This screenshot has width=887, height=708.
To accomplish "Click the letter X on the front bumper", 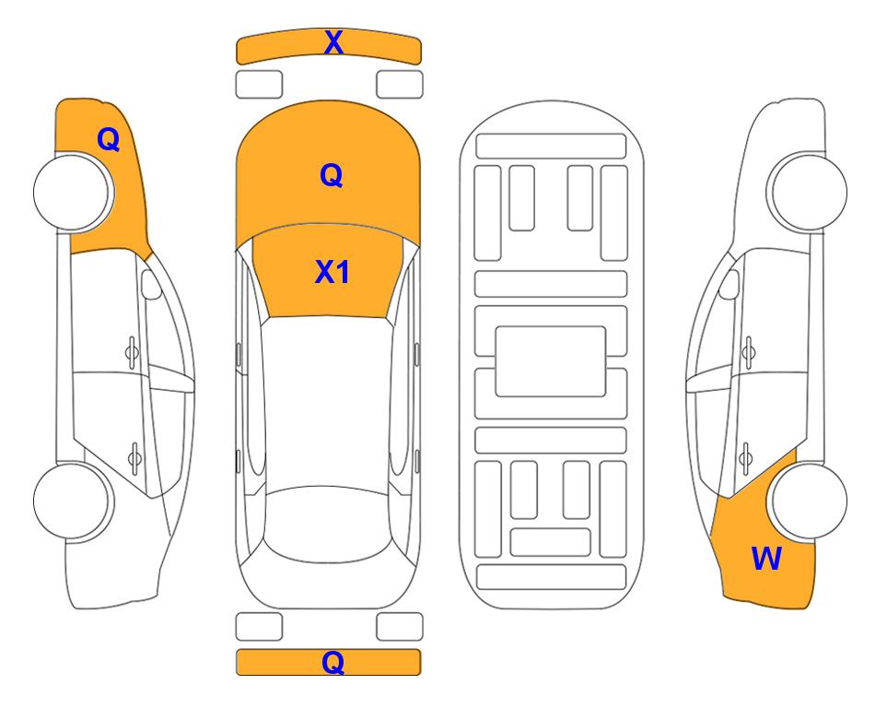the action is click(x=333, y=42).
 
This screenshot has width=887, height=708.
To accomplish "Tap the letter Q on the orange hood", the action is click(x=332, y=175).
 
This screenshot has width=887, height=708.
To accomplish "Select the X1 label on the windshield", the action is click(x=333, y=272).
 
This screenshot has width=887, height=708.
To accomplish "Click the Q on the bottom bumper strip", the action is click(x=333, y=662).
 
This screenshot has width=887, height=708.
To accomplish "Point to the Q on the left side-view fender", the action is click(x=109, y=139).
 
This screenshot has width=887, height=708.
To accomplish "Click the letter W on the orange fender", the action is click(x=766, y=559).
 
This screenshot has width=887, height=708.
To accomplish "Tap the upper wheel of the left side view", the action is click(x=73, y=192).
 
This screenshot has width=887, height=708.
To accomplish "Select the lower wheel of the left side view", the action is click(x=73, y=501).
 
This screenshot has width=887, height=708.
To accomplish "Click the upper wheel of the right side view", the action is click(x=808, y=192).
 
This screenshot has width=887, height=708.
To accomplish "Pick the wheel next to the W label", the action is click(x=809, y=501).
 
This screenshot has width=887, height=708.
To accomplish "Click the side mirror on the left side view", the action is click(x=150, y=284).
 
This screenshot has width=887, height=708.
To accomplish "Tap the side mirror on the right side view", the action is click(x=729, y=284).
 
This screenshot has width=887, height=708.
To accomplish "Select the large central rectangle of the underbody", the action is click(x=551, y=361).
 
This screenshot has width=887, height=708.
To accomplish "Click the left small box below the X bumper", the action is click(x=259, y=85).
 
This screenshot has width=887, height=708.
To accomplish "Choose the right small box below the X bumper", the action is click(x=400, y=85).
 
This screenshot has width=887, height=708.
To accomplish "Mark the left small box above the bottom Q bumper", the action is click(x=259, y=627).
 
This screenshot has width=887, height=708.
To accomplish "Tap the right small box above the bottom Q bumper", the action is click(x=400, y=627).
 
